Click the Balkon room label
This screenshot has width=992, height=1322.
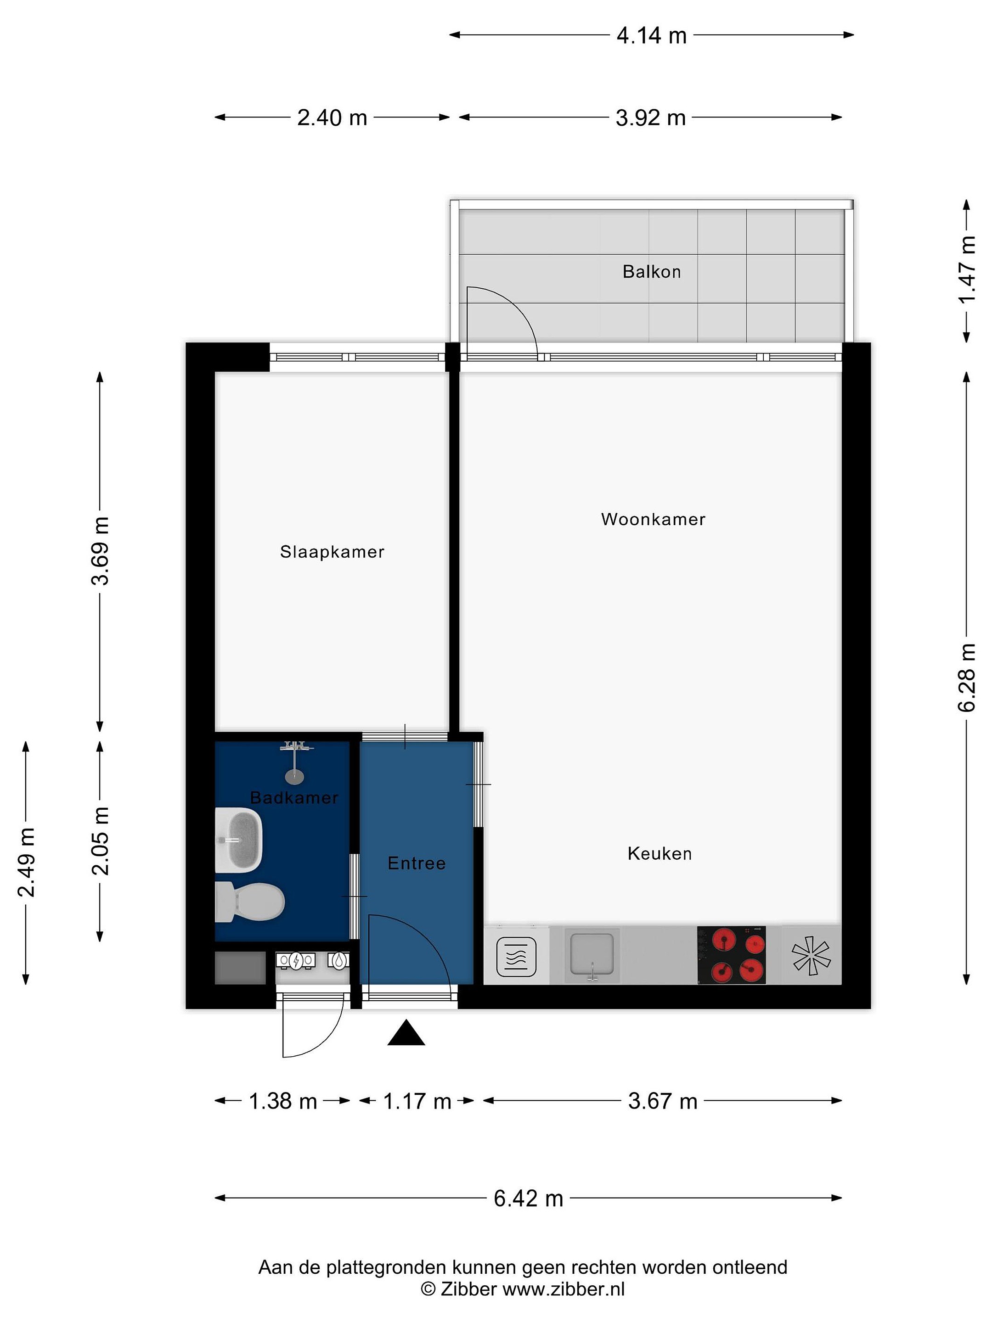[x=651, y=272]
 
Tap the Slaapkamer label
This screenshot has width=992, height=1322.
[x=332, y=552]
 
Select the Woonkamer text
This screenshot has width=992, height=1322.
[x=653, y=519]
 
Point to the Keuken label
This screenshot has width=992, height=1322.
[x=659, y=853]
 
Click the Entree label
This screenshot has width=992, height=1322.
[x=417, y=863]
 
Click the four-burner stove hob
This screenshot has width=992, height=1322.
[x=731, y=955]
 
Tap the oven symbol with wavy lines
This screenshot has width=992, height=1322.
[x=517, y=957]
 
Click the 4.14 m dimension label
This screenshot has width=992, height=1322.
[x=651, y=36]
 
